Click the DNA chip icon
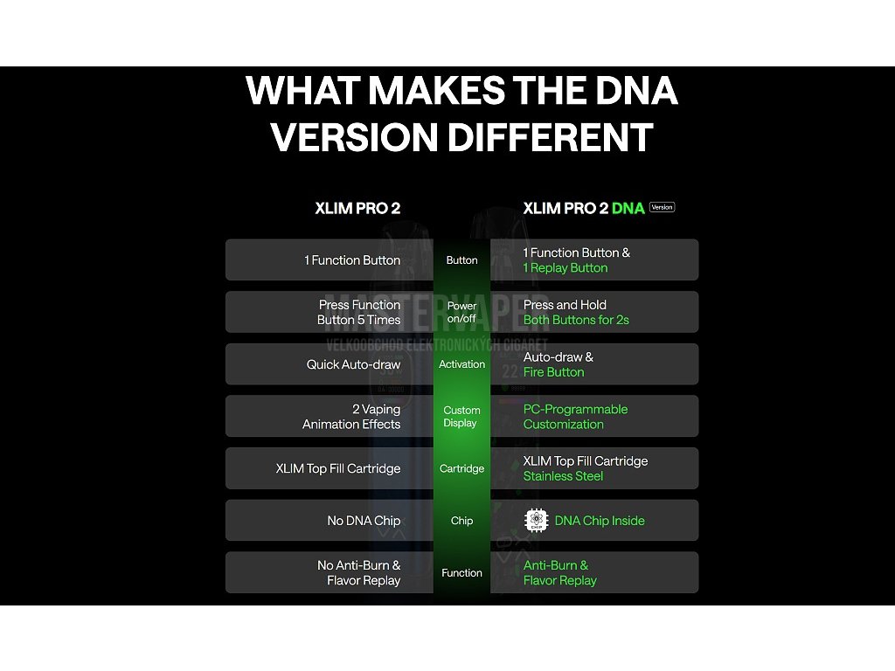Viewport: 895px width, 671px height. [x=536, y=521]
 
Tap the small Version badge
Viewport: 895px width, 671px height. [x=663, y=207]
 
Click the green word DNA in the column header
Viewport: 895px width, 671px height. [x=628, y=208]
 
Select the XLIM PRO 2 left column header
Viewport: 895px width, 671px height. [x=357, y=208]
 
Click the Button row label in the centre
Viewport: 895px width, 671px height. [x=461, y=260]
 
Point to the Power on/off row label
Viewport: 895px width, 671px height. [x=461, y=312]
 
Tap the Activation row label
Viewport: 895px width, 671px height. [x=461, y=364]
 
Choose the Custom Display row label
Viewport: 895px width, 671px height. [x=461, y=417]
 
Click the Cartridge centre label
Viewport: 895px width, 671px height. [x=461, y=468]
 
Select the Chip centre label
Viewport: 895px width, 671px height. [x=461, y=521]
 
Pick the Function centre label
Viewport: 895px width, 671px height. [x=461, y=573]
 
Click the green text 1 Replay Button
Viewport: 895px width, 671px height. [x=565, y=268]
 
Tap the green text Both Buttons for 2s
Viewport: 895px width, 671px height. [x=576, y=320]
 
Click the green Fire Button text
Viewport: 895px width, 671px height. [x=553, y=372]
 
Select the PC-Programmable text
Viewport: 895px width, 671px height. [x=575, y=409]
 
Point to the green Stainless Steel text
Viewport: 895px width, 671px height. [x=563, y=476]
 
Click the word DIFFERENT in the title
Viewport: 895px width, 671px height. [x=551, y=137]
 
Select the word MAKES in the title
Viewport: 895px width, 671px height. [x=437, y=91]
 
